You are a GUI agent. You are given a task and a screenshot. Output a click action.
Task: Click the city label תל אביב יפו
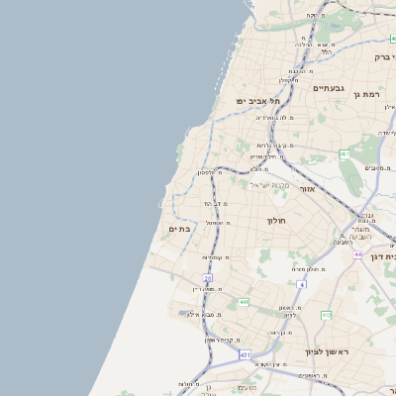tap(258, 102)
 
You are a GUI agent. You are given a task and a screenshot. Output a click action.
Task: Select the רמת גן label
tap(369, 94)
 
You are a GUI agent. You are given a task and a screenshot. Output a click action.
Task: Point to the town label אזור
tap(307, 188)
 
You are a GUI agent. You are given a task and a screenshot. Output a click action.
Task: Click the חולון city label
tap(276, 221)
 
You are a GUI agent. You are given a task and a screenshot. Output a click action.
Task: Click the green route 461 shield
tap(344, 155)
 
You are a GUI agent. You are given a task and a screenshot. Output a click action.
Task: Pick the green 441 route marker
tap(243, 303)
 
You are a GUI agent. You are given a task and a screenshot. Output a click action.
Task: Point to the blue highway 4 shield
tap(300, 284)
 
